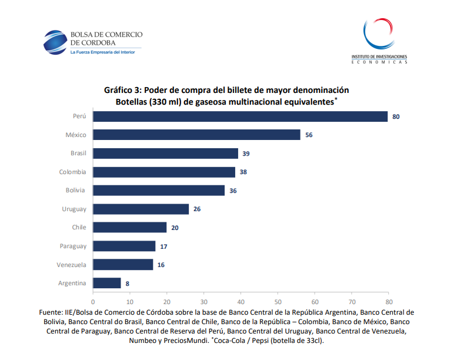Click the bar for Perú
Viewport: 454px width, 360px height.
click(240, 116)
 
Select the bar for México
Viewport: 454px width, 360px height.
click(196, 135)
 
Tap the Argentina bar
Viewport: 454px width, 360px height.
click(107, 283)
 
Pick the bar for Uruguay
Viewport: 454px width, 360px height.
click(141, 209)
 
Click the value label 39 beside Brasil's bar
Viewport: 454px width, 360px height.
click(246, 154)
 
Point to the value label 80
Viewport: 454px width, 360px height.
click(396, 116)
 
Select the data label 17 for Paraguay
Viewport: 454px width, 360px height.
click(164, 246)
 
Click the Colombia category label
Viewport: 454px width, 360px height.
click(72, 172)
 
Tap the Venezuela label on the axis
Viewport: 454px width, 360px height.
click(71, 265)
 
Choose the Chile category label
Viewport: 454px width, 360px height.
click(79, 227)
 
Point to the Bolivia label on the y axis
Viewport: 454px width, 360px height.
click(75, 190)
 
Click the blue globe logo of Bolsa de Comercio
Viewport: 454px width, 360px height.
click(54, 41)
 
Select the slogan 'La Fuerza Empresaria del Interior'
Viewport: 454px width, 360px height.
click(102, 52)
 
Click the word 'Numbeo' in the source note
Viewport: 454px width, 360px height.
click(143, 340)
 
